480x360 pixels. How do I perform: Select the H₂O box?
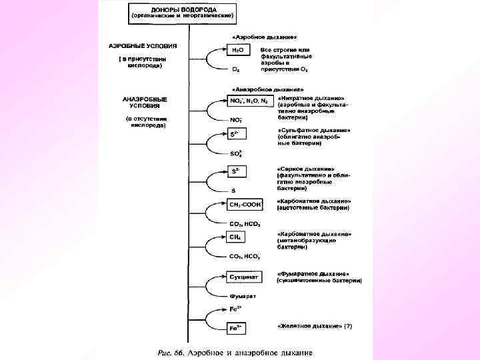pyautogui.click(x=237, y=50)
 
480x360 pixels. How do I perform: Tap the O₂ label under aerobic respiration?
pyautogui.click(x=235, y=69)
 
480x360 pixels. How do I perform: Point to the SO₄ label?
pyautogui.click(x=235, y=153)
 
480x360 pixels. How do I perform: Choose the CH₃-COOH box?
pyautogui.click(x=245, y=204)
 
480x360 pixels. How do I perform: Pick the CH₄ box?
pyautogui.click(x=236, y=237)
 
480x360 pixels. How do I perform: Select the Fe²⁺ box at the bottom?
pyautogui.click(x=236, y=328)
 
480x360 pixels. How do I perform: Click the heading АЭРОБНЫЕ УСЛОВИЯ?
pyautogui.click(x=143, y=46)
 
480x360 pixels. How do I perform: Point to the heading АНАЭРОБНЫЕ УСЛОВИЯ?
pyautogui.click(x=145, y=102)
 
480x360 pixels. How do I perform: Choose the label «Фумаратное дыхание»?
pyautogui.click(x=313, y=273)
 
